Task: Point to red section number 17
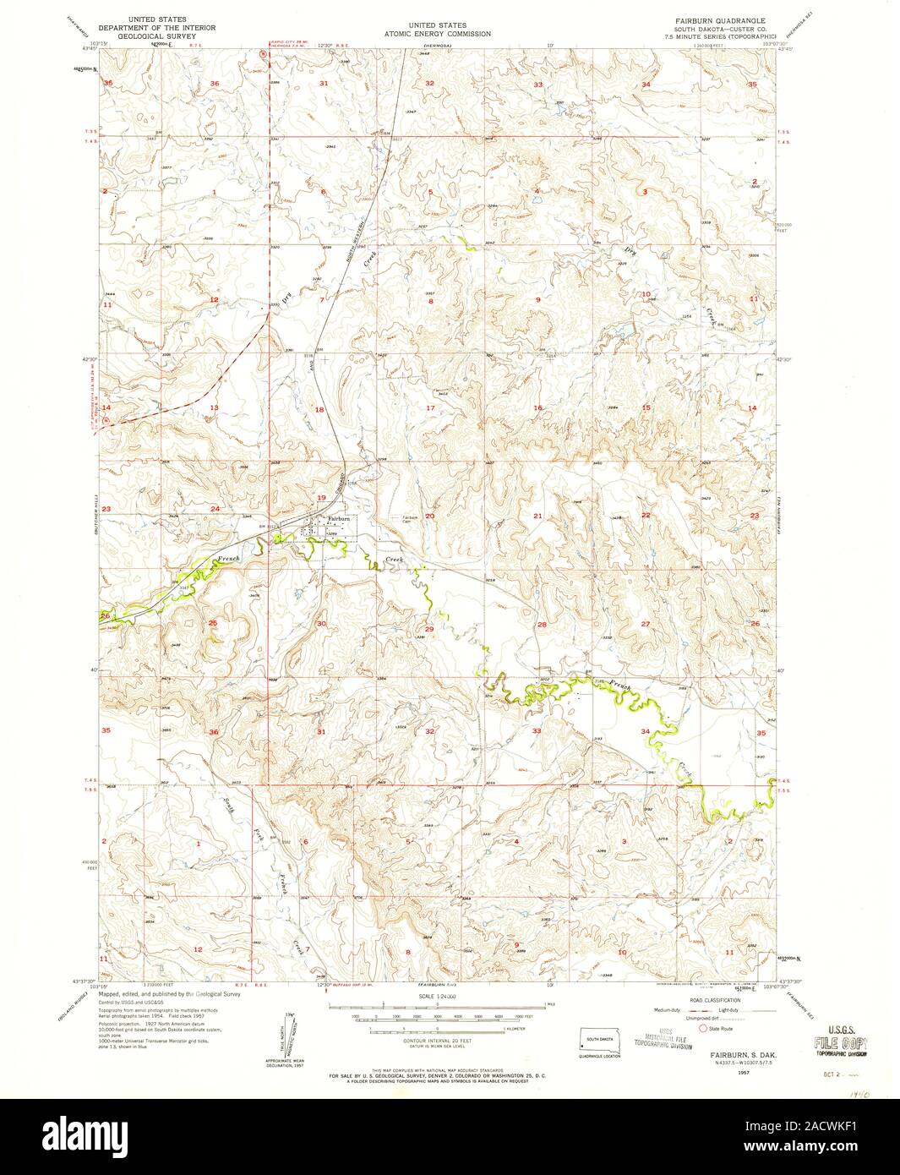pyautogui.click(x=429, y=408)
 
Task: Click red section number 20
pyautogui.click(x=429, y=516)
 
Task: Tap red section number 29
pyautogui.click(x=429, y=629)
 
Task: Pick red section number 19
pyautogui.click(x=321, y=497)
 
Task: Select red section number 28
pyautogui.click(x=542, y=624)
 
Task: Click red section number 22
pyautogui.click(x=646, y=516)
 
